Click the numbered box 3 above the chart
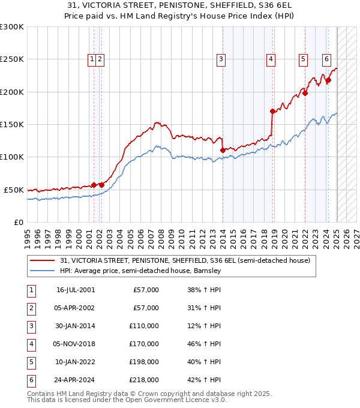[x=221, y=59]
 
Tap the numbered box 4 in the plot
[x=271, y=59]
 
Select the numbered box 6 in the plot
[x=326, y=59]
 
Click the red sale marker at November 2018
[x=272, y=111]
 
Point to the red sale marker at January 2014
[x=223, y=150]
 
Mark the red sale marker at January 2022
[x=305, y=93]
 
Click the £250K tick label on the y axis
[x=12, y=59]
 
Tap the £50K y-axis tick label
[x=14, y=190]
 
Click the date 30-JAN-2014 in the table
[x=75, y=326]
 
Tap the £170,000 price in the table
[x=144, y=344]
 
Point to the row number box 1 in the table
[x=30, y=290]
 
